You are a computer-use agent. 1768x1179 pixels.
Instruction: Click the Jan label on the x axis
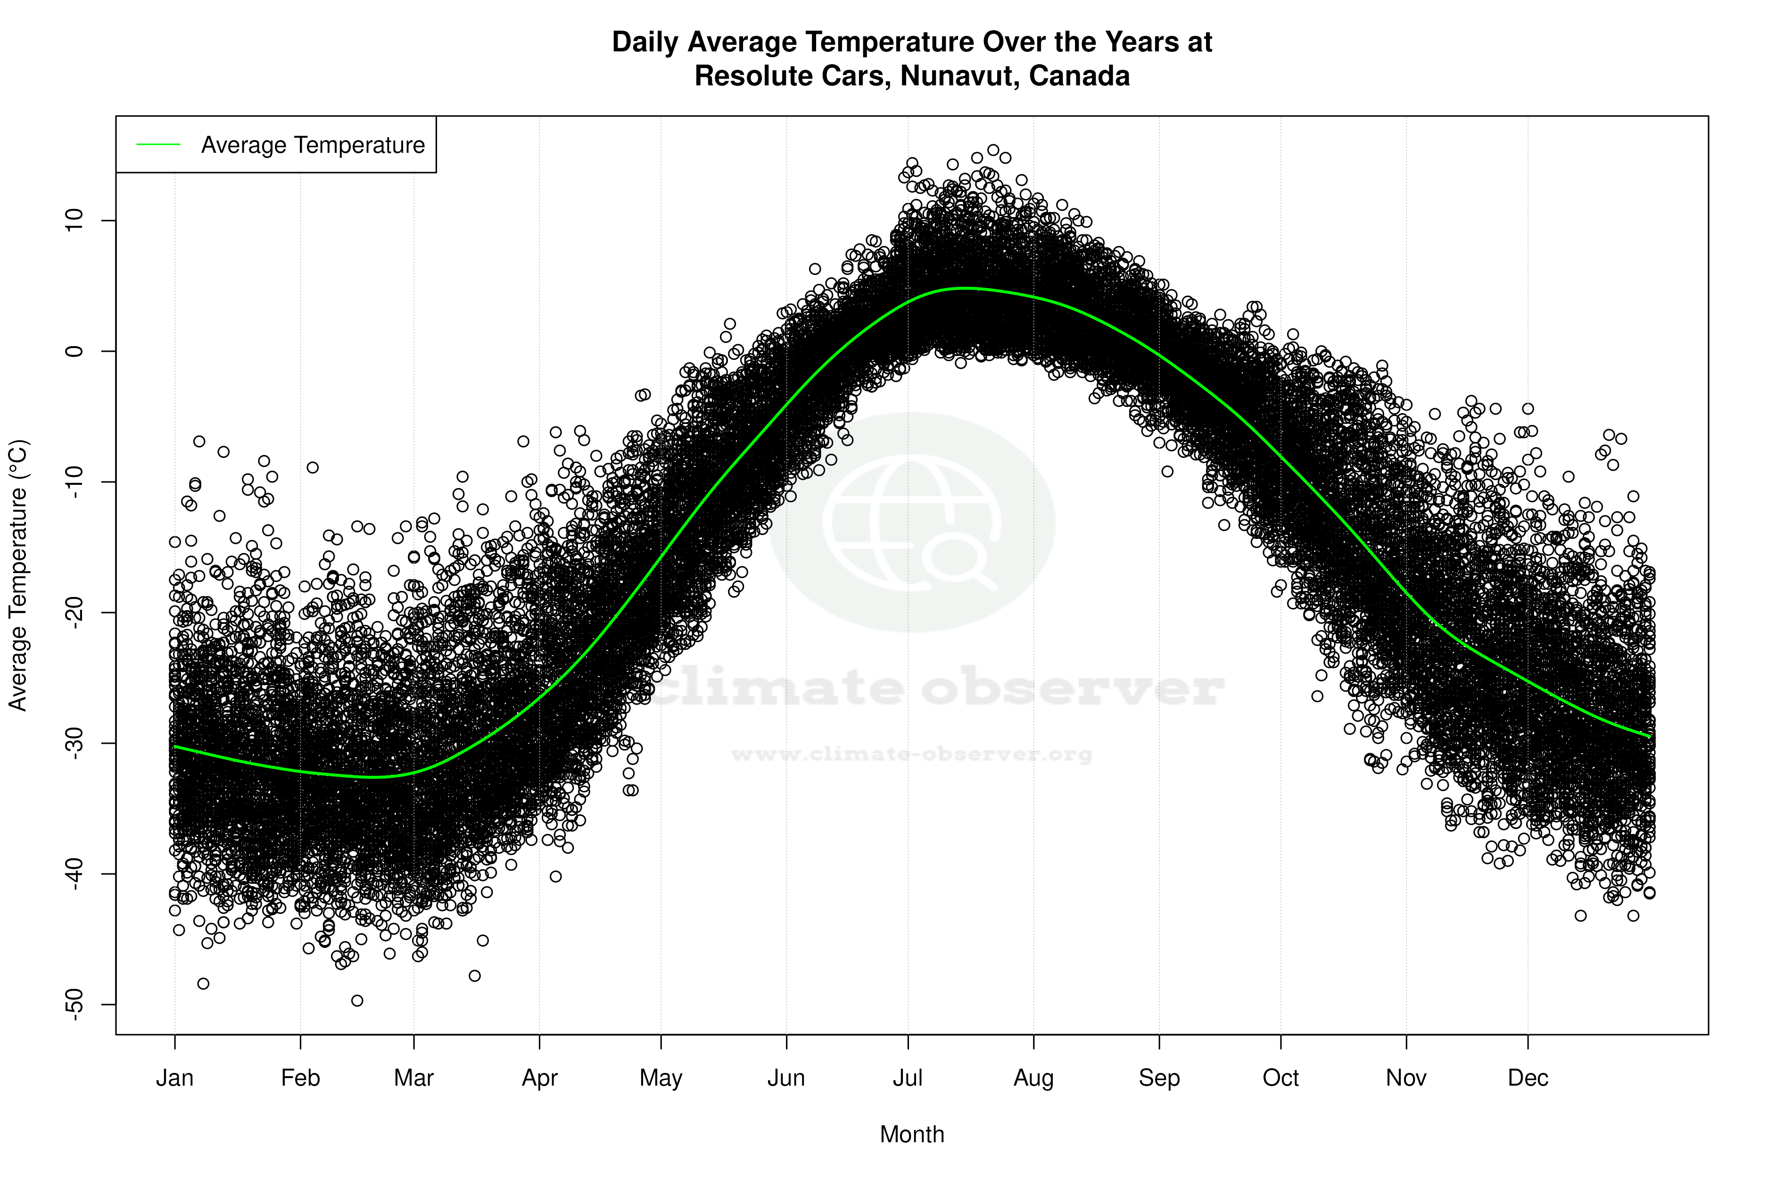coord(174,1078)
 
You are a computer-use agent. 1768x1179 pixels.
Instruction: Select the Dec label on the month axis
coord(1528,1078)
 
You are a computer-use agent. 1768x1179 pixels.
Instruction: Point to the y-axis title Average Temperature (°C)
coord(18,575)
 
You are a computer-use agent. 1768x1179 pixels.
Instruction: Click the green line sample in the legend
coord(158,144)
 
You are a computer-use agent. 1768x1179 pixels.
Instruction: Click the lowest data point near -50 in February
coord(357,1001)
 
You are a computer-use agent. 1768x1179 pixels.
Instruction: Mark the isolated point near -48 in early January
coord(203,983)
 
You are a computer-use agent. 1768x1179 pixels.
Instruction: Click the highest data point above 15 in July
coord(993,150)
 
